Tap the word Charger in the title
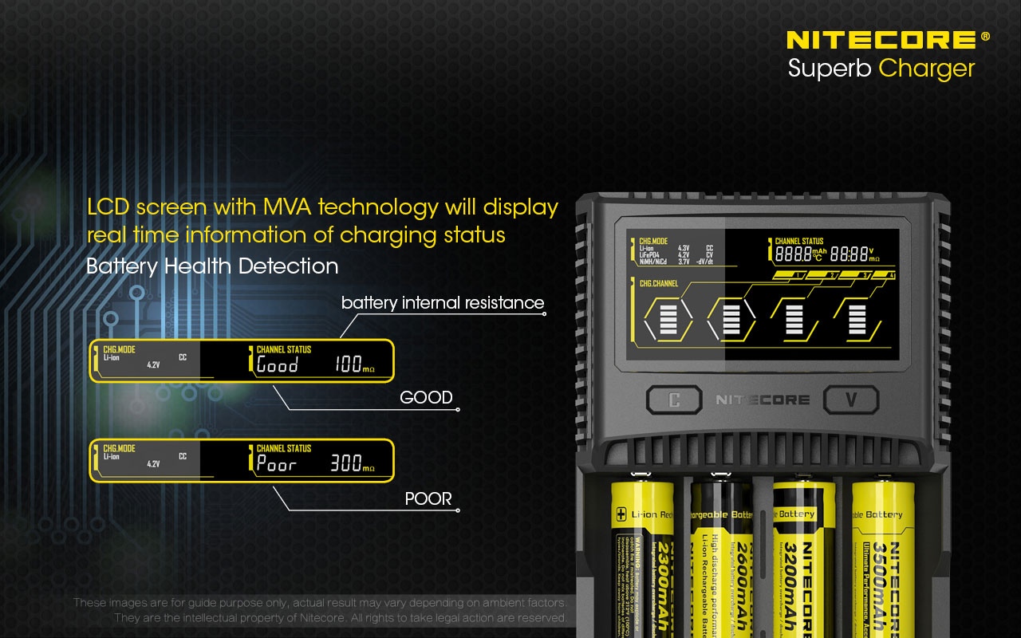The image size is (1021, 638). pos(926,69)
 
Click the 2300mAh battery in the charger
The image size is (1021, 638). pos(643,558)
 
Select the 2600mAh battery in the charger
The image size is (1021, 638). pos(722,558)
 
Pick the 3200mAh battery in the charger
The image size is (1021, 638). pos(804,558)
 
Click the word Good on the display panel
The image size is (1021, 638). pos(277,365)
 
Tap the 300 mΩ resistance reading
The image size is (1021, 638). pos(352,463)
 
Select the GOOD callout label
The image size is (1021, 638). pos(426,397)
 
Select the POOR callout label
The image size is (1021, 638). pos(428,498)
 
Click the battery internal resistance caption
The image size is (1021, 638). pos(443,303)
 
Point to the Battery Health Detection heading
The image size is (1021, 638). pos(212,266)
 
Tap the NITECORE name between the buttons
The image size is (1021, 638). pos(762,400)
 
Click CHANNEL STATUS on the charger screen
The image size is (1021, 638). pos(798,241)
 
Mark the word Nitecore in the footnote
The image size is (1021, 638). pos(324,618)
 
